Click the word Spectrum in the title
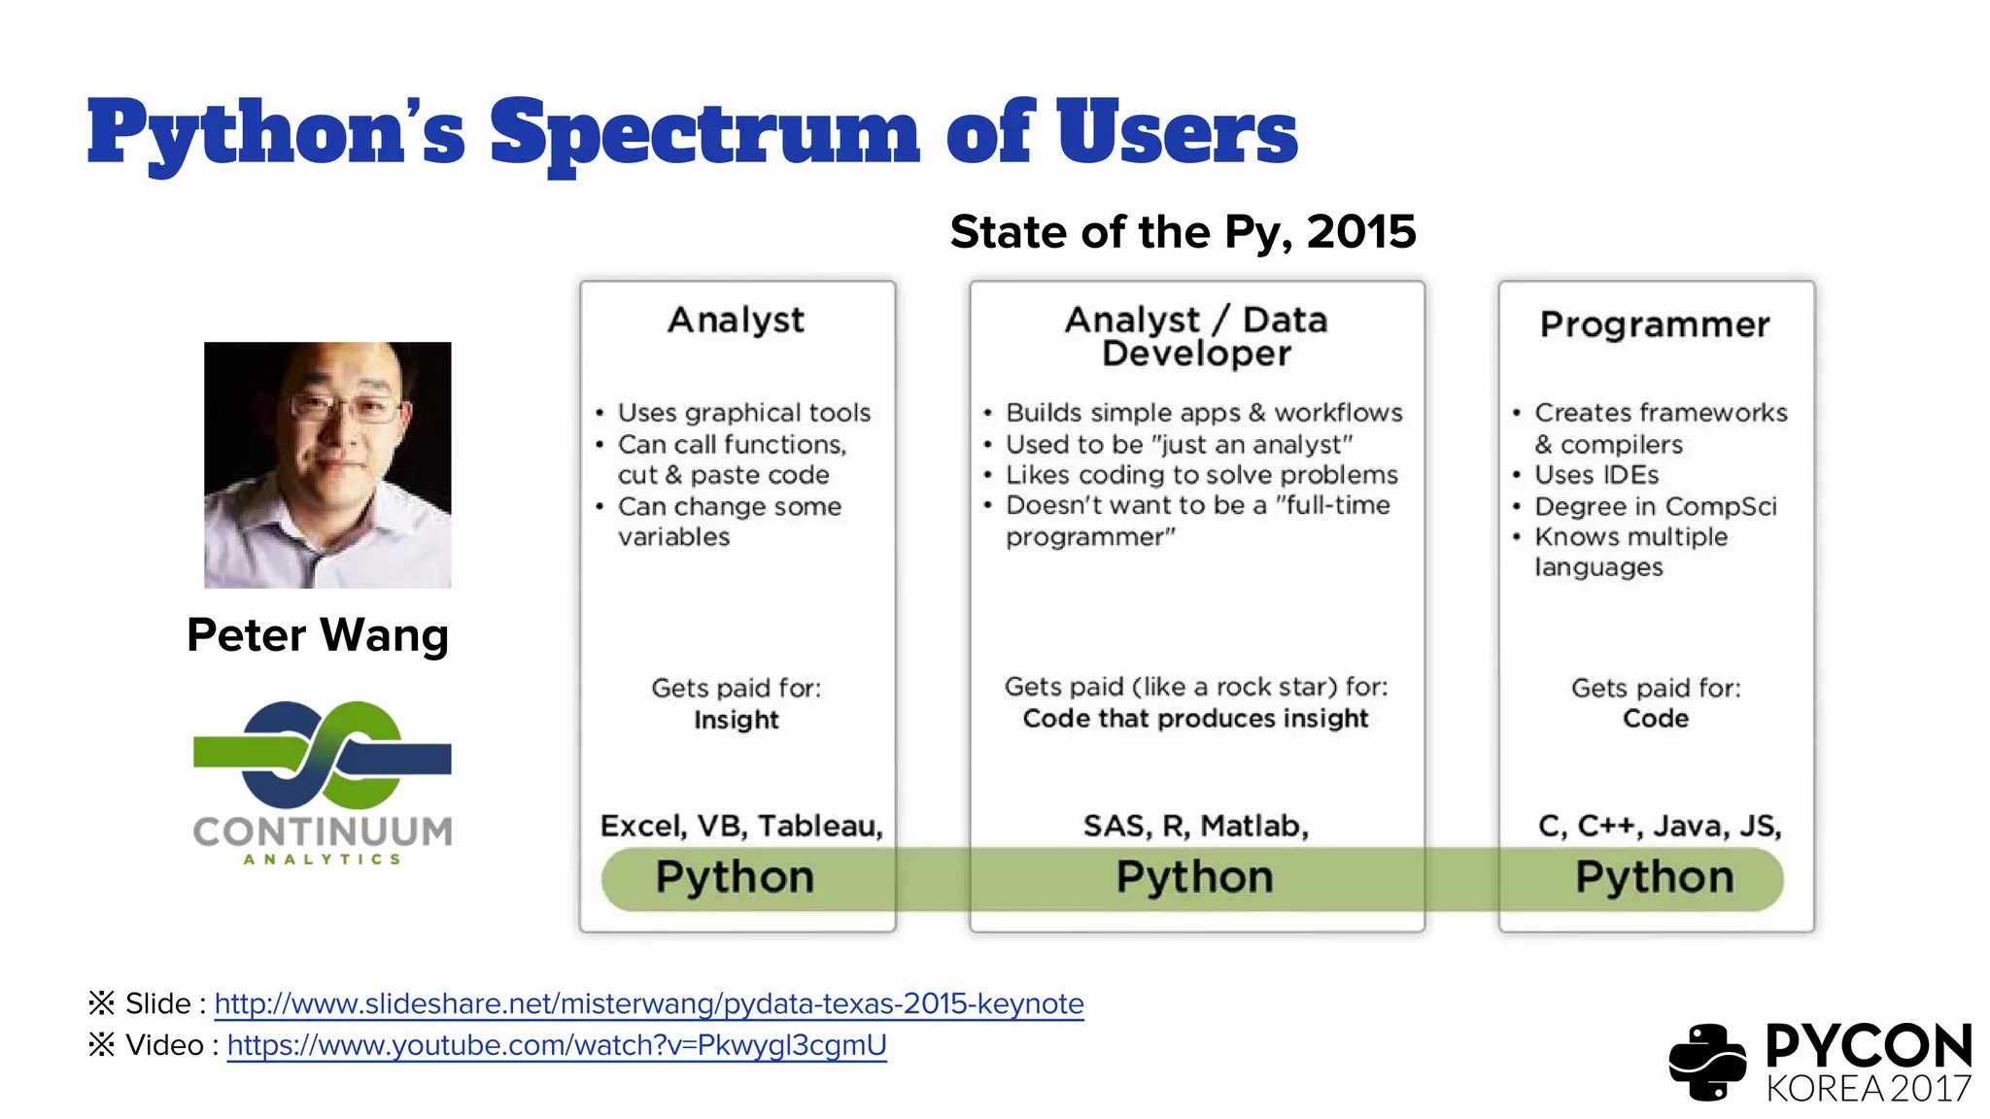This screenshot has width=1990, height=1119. pyautogui.click(x=703, y=133)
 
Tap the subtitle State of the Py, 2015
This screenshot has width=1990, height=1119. pyautogui.click(x=1183, y=232)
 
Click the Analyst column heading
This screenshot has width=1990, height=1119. pyautogui.click(x=736, y=320)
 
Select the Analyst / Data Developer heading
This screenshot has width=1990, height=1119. pyautogui.click(x=1196, y=336)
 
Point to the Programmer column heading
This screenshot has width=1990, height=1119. pyautogui.click(x=1655, y=324)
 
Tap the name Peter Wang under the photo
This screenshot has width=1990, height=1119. pyautogui.click(x=318, y=635)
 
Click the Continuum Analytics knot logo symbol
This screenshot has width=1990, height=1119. pyautogui.click(x=322, y=755)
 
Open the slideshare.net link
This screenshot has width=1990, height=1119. pyautogui.click(x=648, y=1003)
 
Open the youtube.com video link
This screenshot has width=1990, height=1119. pyautogui.click(x=557, y=1045)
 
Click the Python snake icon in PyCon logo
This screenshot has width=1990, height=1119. pyautogui.click(x=1707, y=1062)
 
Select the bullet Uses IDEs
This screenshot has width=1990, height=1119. pyautogui.click(x=1596, y=475)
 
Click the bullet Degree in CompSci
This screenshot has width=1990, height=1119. pyautogui.click(x=1655, y=506)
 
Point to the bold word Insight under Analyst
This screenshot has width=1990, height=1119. pyautogui.click(x=736, y=720)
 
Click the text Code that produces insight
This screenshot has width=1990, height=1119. pyautogui.click(x=1195, y=719)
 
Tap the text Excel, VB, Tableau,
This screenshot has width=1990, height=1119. pyautogui.click(x=741, y=826)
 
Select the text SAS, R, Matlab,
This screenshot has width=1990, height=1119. pyautogui.click(x=1196, y=826)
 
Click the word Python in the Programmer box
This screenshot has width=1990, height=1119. pyautogui.click(x=1654, y=877)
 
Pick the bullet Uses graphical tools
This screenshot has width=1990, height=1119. pyautogui.click(x=743, y=413)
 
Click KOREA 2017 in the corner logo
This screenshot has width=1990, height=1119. pyautogui.click(x=1868, y=1089)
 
